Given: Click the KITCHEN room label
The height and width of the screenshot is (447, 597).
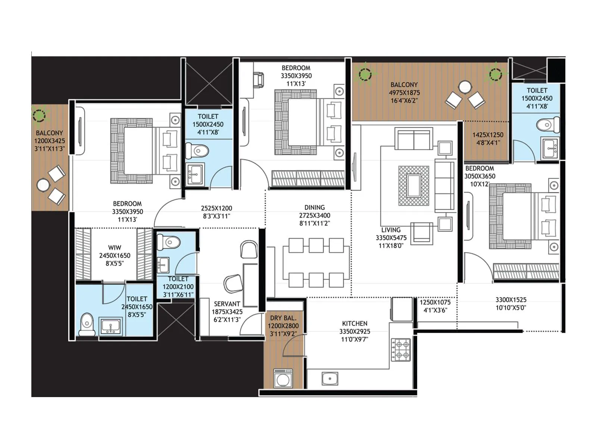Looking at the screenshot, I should click(354, 324).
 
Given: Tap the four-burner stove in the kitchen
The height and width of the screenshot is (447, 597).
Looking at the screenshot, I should click(401, 350).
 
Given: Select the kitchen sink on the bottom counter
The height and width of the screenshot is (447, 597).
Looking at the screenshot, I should click(330, 379).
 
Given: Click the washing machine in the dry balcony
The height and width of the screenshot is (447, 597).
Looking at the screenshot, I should click(283, 379).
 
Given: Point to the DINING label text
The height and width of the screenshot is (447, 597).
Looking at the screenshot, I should click(315, 207).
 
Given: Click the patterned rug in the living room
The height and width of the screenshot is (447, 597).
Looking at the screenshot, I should click(413, 186).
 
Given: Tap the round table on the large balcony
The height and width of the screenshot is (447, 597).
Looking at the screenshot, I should click(465, 88).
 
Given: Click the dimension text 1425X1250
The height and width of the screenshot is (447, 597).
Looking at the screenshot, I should click(488, 135).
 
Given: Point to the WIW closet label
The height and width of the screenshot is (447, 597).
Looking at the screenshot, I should click(115, 248).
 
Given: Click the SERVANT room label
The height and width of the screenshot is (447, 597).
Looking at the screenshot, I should click(227, 304).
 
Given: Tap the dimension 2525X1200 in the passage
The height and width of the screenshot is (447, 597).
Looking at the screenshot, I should click(216, 209).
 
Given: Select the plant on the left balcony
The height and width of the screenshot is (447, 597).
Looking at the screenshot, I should click(39, 115).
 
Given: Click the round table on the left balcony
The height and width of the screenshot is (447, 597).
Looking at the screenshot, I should click(43, 185).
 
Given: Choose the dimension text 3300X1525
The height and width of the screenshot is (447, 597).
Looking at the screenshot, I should click(511, 300).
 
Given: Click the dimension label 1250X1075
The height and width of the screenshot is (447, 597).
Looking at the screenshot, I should click(435, 302).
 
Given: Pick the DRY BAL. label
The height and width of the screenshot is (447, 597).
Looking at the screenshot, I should click(283, 318).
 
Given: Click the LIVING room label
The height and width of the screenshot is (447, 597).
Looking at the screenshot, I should click(391, 230).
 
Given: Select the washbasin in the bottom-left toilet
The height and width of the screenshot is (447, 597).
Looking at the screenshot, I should click(110, 326).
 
